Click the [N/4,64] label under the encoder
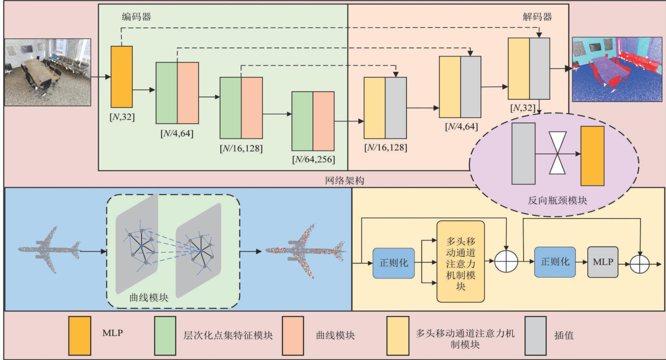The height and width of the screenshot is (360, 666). click(x=177, y=134)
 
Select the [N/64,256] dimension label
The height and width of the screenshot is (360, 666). click(x=313, y=160)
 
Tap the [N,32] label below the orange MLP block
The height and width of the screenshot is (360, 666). click(x=122, y=117)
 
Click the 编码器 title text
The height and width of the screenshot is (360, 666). click(x=136, y=17)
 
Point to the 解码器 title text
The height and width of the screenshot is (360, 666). click(x=537, y=17)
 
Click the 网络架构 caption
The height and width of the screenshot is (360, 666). click(x=345, y=181)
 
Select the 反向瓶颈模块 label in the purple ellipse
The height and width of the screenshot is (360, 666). click(x=557, y=201)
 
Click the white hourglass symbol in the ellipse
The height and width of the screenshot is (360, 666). click(x=557, y=153)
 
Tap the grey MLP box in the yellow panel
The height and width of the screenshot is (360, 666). click(x=603, y=262)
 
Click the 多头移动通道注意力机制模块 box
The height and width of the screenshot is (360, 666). click(x=460, y=262)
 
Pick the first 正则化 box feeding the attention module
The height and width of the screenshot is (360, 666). click(x=393, y=263)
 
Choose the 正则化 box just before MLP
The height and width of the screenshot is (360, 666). click(x=555, y=262)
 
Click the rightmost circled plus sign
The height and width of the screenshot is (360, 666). click(x=639, y=264)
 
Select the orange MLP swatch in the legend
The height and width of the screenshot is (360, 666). click(x=80, y=336)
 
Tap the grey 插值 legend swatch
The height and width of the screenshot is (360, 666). click(x=535, y=336)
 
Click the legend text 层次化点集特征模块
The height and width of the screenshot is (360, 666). click(x=228, y=336)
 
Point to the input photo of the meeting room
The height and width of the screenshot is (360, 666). click(x=48, y=72)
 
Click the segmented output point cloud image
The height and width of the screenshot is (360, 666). click(x=617, y=69)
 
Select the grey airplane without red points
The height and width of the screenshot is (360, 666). click(x=49, y=249)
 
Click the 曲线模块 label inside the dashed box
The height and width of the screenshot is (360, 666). click(x=149, y=298)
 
